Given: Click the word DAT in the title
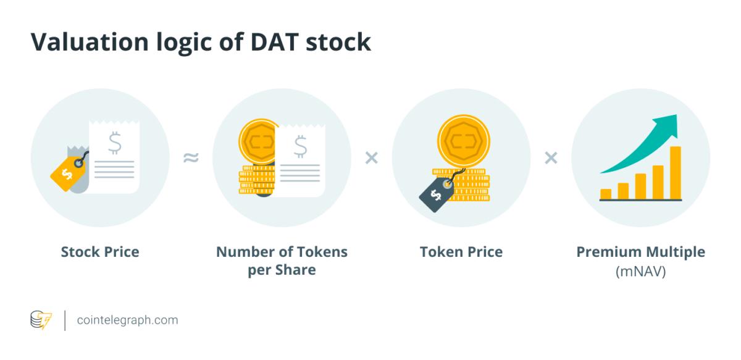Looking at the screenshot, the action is point(275,43).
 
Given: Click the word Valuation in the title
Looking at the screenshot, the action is point(90,43).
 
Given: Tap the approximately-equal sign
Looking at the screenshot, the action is point(191,157).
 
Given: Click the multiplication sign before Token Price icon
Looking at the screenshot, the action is point(372,158).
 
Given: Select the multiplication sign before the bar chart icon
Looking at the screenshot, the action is point(551,158).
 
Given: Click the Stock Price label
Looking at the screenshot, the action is point(100,252).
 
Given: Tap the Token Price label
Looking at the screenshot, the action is point(461,252).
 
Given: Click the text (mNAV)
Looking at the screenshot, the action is point(641,272).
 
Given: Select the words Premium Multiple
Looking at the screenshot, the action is point(641,253).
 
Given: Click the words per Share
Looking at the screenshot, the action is point(282,270).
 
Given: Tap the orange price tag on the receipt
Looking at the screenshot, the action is point(68,173).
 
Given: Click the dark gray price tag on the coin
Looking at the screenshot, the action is point(437,195).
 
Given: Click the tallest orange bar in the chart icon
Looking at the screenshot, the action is point(676,173).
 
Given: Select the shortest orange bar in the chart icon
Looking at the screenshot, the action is point(606,195).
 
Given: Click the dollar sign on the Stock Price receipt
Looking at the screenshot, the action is point(115,143).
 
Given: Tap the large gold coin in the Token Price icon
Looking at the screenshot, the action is point(464,141).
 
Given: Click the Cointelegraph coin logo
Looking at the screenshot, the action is point(41,320).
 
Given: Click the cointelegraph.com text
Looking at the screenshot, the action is point(127,320).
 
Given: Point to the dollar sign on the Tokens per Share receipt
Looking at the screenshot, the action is point(300,146).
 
